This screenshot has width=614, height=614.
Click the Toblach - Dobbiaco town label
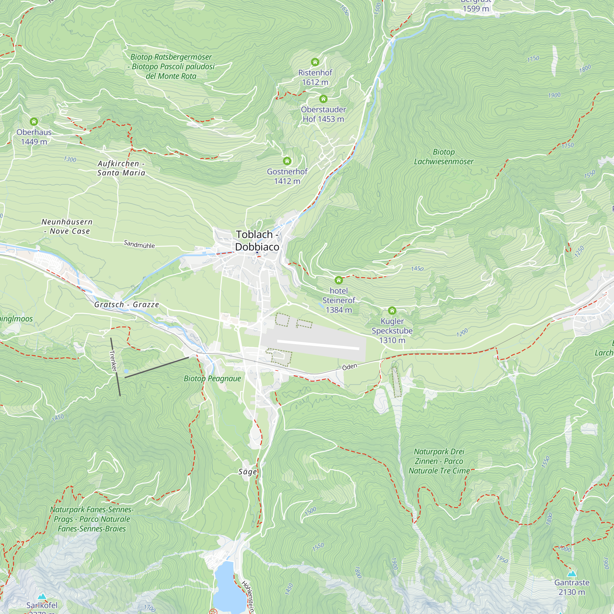coord(257,241)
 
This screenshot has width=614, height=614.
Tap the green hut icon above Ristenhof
coord(315,62)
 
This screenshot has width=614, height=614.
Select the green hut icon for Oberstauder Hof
coord(323,99)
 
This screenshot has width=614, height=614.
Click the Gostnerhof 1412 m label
coord(287,177)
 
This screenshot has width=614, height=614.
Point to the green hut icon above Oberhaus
coord(34,121)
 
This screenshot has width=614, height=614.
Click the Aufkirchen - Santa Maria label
coord(121,168)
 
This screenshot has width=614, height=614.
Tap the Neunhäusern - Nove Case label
coord(67,227)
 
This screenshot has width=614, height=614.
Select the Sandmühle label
coord(139,244)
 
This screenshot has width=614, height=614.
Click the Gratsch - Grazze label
coord(126,305)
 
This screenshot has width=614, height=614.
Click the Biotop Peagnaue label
coord(212,379)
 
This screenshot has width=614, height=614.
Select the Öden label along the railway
coord(350,367)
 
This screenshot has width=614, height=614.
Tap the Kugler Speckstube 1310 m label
coord(392,331)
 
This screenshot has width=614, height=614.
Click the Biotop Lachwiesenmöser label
coord(444,157)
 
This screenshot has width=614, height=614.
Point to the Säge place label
coord(247,472)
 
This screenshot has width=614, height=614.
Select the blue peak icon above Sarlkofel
coord(42,597)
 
